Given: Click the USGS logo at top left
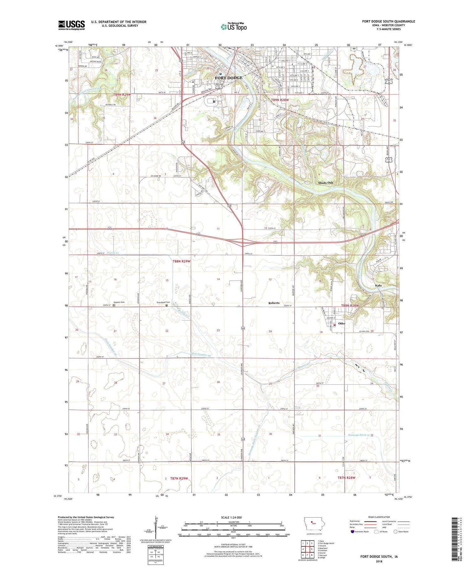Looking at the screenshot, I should (x=71, y=25).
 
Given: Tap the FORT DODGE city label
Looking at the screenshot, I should (x=228, y=78).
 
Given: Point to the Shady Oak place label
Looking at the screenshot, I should (x=326, y=183).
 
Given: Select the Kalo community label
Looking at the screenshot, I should (x=378, y=286).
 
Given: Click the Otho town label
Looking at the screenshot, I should (x=342, y=323).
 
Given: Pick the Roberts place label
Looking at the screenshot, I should (x=274, y=303).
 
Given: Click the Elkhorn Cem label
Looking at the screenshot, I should (x=119, y=302).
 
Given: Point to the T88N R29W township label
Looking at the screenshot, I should (x=181, y=261).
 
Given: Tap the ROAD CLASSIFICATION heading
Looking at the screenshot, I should (x=379, y=517).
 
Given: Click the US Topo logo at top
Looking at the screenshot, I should (x=233, y=27).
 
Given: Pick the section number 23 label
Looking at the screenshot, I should (x=218, y=330).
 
